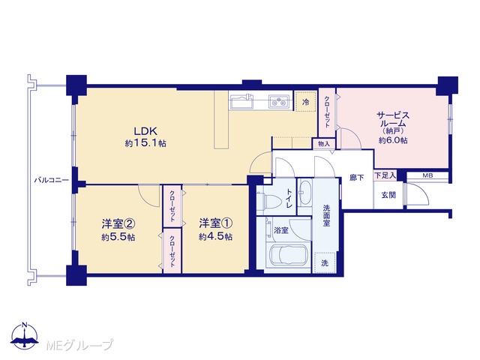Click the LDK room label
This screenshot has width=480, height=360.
click(145, 131)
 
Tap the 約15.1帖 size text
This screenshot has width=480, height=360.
click(145, 143)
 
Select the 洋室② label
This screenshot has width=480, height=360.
click(118, 224)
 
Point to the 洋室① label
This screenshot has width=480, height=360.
click(215, 223)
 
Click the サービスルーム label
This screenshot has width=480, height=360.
click(393, 120)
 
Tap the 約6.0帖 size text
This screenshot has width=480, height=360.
click(393, 140)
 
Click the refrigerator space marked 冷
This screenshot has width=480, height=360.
click(306, 102)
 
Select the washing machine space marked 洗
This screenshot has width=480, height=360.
click(325, 262)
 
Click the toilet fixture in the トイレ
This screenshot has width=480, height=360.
click(269, 202)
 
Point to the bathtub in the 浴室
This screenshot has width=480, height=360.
click(289, 255)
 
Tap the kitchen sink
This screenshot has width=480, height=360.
click(242, 101)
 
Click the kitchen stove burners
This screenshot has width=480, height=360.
click(279, 101)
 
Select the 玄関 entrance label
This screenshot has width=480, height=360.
click(388, 195)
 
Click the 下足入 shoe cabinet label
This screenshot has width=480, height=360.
click(385, 175)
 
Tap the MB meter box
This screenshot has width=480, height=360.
click(427, 175)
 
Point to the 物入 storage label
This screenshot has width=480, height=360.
click(324, 144)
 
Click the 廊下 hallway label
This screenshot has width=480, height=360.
click(357, 178)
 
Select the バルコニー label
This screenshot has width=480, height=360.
click(52, 180)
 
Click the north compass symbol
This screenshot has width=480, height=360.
click(25, 336)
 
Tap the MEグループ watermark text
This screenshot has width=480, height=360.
click(79, 345)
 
